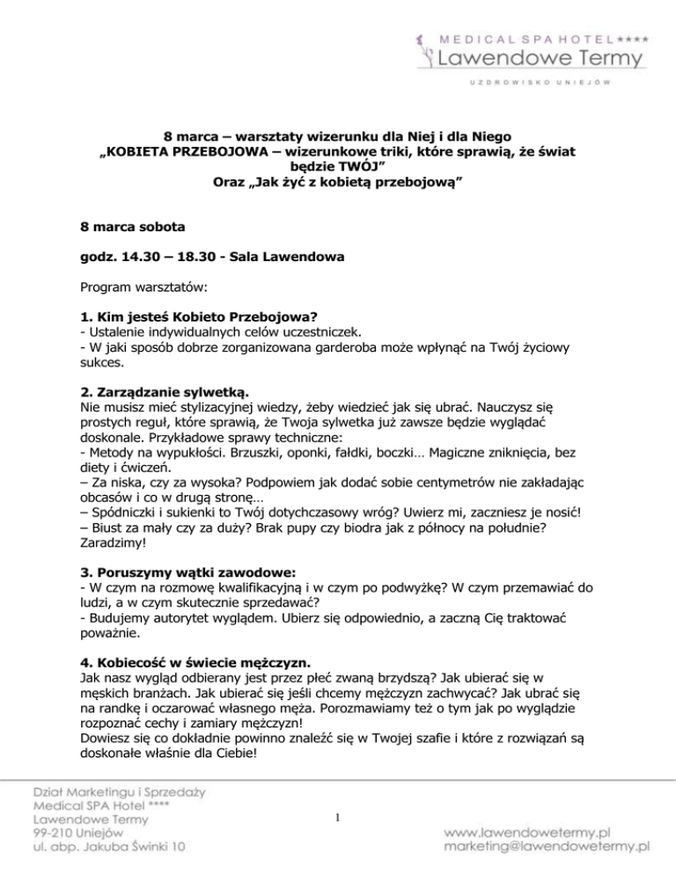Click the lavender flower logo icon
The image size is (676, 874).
(x=423, y=50)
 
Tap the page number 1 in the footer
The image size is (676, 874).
(x=338, y=819)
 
